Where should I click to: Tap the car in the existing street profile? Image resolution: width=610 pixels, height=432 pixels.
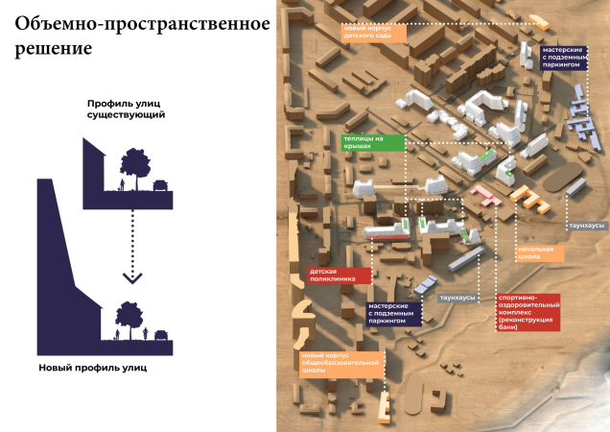(x=161, y=184)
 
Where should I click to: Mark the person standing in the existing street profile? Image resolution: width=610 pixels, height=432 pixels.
(x=121, y=183)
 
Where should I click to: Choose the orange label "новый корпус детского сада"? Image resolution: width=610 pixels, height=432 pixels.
(x=374, y=31)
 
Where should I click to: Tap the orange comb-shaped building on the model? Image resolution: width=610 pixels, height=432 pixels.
(x=527, y=199)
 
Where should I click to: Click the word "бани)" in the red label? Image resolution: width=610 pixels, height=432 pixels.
(x=508, y=327)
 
